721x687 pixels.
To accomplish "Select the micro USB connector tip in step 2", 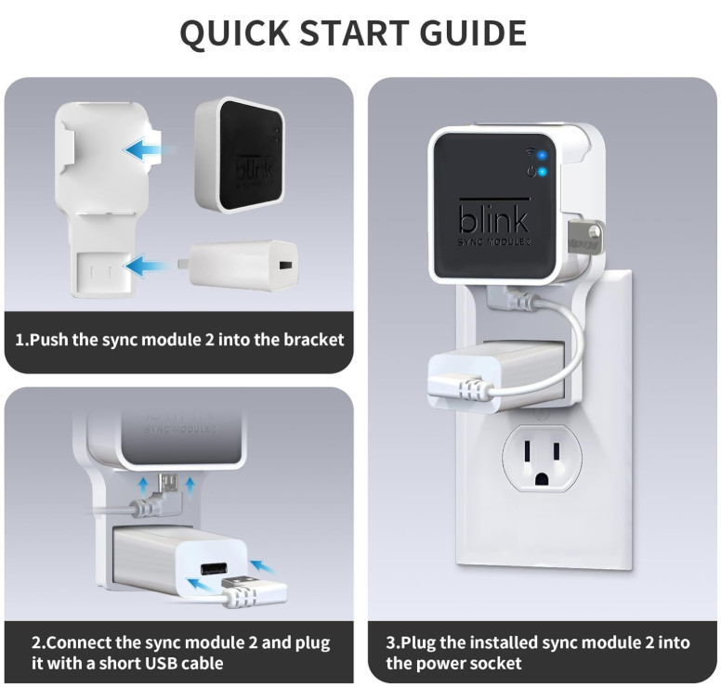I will point(167,485).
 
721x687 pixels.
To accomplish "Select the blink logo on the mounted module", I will point(493,220).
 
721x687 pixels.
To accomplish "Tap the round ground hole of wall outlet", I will point(541,479).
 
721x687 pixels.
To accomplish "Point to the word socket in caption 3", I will point(495,663).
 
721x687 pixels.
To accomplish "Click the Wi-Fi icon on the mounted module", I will point(530,153).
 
